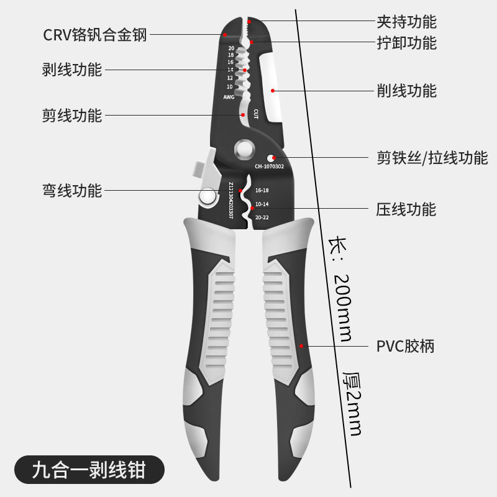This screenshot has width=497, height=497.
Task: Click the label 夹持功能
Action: (x=406, y=22)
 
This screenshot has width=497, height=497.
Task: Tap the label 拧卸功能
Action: (x=406, y=43)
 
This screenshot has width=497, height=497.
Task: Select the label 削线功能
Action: (x=406, y=91)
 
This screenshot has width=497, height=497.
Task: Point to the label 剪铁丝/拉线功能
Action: (x=432, y=157)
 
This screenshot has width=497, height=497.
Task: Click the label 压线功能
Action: (x=406, y=209)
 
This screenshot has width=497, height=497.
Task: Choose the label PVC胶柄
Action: (x=405, y=345)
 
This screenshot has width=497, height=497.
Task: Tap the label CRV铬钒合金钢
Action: (x=95, y=35)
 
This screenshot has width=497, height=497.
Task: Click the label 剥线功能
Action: (x=71, y=70)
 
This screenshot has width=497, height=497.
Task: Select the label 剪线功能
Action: (x=71, y=115)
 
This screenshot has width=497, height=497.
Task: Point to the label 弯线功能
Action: (x=71, y=190)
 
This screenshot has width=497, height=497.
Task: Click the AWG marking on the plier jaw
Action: (x=229, y=98)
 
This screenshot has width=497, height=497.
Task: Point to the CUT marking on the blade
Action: (x=255, y=113)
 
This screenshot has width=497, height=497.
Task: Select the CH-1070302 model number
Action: (x=269, y=166)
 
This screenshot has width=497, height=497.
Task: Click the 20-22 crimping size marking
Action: (x=262, y=217)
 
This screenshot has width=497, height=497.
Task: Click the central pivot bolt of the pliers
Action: (x=244, y=150)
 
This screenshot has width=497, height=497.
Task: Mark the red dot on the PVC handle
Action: (x=302, y=345)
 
